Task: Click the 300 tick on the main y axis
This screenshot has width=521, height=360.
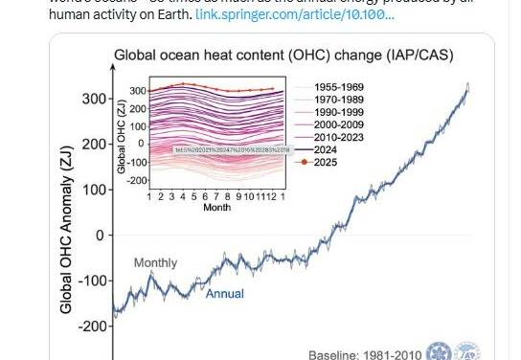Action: point(92,99)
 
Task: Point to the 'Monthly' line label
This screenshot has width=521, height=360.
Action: point(155,262)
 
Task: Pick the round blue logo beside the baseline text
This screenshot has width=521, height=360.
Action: point(439,350)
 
